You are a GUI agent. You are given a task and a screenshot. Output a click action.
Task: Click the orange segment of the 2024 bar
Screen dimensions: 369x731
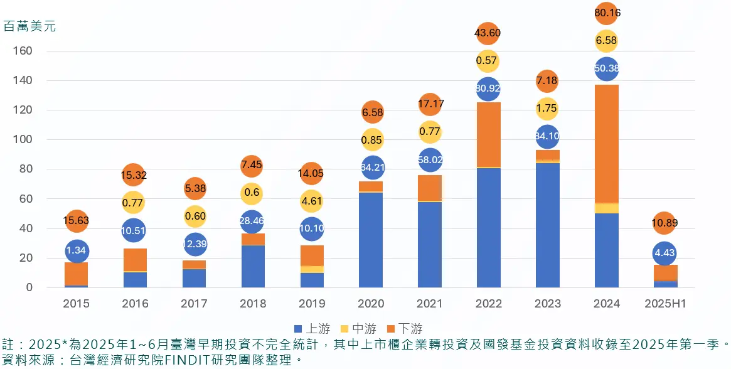pos(606,144)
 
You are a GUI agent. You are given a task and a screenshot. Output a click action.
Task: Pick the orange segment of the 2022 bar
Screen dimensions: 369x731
pos(489,135)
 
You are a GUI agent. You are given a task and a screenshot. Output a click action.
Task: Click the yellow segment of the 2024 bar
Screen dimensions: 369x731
pos(606,208)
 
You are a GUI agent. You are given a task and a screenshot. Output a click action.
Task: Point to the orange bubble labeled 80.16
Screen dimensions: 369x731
pos(606,12)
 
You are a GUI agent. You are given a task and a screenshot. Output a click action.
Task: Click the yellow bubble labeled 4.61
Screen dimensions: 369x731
pos(312,201)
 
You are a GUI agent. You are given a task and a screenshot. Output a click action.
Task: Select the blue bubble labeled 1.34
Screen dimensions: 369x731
pos(77,251)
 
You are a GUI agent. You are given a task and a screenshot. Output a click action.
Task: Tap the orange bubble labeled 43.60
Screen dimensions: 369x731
pos(488,32)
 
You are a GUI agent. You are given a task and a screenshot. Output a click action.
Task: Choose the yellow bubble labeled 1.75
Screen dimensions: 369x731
pos(547,108)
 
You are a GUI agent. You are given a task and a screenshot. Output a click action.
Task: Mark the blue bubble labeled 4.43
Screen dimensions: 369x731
pos(664,253)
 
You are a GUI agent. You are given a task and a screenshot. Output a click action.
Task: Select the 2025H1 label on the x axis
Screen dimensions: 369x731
pos(665,304)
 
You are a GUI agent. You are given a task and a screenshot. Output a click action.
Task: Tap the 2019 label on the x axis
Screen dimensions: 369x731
pos(312,304)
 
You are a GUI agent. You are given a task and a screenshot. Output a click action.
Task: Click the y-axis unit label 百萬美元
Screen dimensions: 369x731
pos(29,27)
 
